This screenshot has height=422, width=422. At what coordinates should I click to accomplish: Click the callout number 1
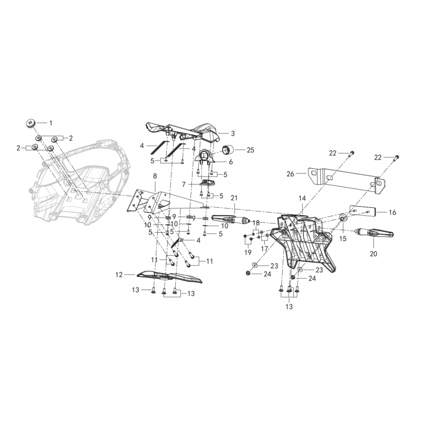click(x=51, y=123)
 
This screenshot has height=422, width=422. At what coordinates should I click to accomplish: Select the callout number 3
click(x=233, y=133)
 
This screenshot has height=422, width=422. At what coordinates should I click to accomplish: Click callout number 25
click(x=250, y=150)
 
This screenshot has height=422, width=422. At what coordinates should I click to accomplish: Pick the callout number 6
click(x=231, y=162)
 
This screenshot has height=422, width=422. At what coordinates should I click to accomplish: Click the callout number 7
click(x=184, y=184)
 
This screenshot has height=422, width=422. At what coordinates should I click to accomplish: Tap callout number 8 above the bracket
click(x=155, y=176)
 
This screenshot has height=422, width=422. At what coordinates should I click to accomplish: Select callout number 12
click(x=119, y=275)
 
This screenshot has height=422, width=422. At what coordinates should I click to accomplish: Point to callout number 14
click(x=302, y=198)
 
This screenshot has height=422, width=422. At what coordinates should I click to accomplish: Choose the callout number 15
click(x=342, y=239)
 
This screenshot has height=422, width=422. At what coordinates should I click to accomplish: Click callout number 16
click(x=392, y=213)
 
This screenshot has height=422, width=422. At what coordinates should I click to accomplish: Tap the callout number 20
click(x=373, y=254)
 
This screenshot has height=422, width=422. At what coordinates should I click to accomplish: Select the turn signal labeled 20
click(x=375, y=233)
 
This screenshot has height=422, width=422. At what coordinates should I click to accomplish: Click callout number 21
click(x=234, y=198)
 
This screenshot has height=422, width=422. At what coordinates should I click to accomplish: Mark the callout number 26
click(x=290, y=174)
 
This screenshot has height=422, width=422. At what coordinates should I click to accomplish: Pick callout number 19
click(x=247, y=252)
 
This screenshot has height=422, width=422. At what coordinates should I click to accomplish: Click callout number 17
click(x=264, y=248)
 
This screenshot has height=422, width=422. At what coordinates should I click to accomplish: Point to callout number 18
click(x=256, y=223)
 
